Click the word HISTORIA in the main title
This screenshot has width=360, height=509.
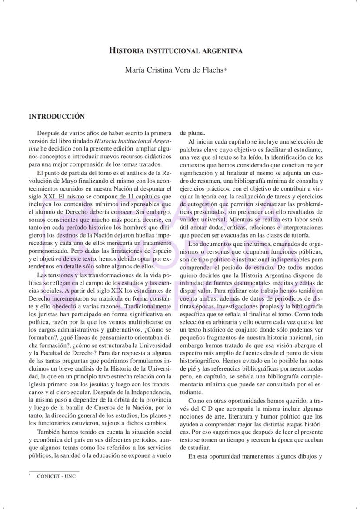pos(125,50)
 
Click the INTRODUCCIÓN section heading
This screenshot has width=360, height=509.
pos(57,117)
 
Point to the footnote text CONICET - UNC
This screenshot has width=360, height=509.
pos(56,476)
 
